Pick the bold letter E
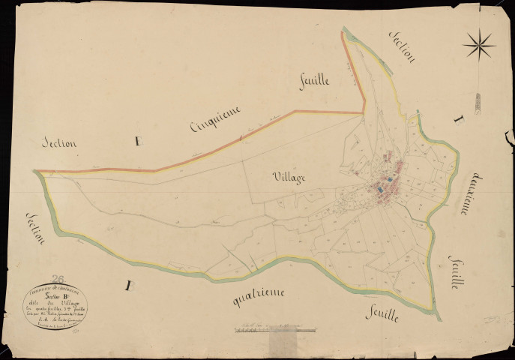click(136, 140)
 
